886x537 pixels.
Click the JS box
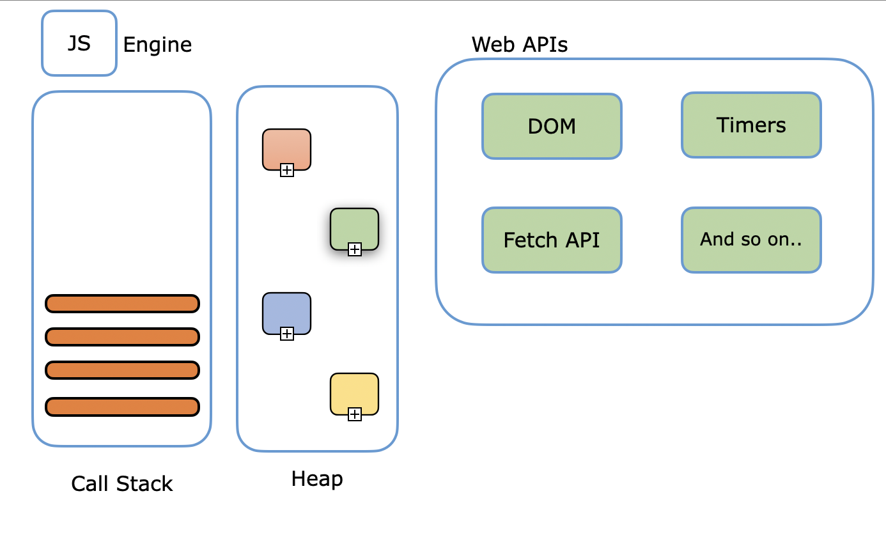tap(79, 43)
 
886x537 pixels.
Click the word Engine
tap(157, 45)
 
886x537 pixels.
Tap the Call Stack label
tap(122, 484)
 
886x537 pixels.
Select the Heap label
tap(317, 479)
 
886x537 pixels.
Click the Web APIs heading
tap(519, 44)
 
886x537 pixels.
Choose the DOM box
tap(552, 126)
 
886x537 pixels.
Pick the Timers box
tap(751, 125)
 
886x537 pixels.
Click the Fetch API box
tap(552, 240)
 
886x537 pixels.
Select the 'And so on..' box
tap(751, 240)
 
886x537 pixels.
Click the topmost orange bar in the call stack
tap(122, 304)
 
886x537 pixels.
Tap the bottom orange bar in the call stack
tap(122, 407)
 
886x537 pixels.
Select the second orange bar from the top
tap(122, 337)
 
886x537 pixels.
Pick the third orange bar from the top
tap(122, 370)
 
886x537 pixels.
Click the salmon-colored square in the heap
tap(286, 147)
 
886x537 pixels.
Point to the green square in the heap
tap(354, 227)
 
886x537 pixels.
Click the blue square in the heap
tap(286, 311)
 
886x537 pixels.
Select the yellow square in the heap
tap(354, 392)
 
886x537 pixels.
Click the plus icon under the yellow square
tap(355, 414)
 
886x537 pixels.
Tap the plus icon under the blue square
tap(287, 334)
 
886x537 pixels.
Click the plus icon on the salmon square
tap(287, 170)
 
